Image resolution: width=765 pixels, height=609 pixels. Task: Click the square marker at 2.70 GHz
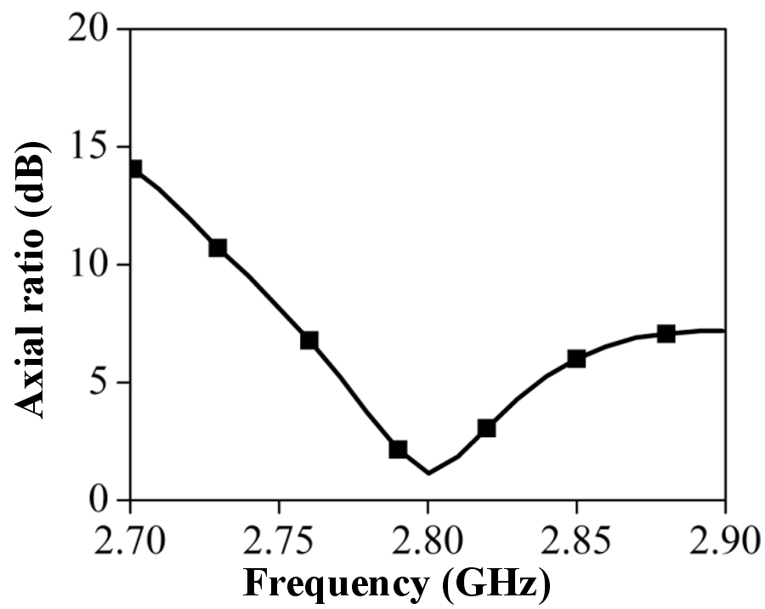[135, 168]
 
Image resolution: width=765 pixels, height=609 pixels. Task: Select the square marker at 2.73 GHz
[218, 248]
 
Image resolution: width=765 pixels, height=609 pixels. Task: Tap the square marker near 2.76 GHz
[309, 340]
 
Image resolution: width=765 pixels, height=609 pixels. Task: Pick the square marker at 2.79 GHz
[398, 449]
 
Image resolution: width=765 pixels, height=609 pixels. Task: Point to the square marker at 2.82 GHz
[486, 429]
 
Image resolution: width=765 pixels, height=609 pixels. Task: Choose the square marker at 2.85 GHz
[576, 359]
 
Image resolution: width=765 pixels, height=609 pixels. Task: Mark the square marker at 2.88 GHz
[666, 334]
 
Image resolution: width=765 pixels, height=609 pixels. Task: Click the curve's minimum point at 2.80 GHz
[428, 473]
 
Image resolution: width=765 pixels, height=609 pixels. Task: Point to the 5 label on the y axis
[99, 382]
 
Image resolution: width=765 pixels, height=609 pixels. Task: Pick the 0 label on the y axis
[99, 499]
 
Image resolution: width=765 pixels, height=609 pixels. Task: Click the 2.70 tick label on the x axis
[130, 541]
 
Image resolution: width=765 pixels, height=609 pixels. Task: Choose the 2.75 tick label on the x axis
[279, 541]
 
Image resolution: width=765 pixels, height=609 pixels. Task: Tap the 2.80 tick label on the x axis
[428, 541]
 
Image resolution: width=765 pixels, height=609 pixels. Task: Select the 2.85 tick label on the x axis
[576, 541]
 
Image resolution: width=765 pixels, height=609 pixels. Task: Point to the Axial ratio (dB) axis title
[31, 280]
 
